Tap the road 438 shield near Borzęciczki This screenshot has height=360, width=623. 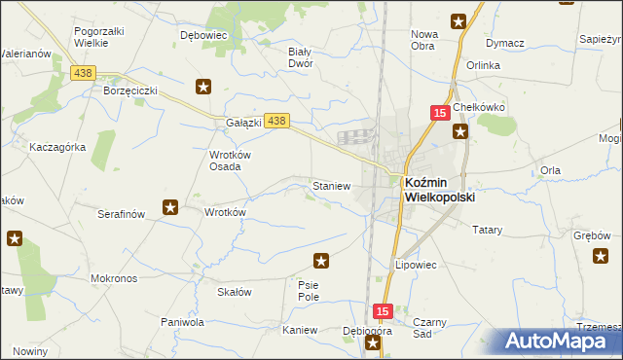tap(83, 73)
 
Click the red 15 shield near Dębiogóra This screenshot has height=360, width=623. tap(383, 311)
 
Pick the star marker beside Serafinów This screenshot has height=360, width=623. tap(170, 206)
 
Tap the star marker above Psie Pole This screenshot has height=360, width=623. tap(321, 260)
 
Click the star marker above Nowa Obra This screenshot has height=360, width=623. tap(458, 19)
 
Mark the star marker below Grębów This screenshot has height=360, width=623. tap(600, 256)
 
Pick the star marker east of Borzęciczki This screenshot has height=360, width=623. tap(203, 87)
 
